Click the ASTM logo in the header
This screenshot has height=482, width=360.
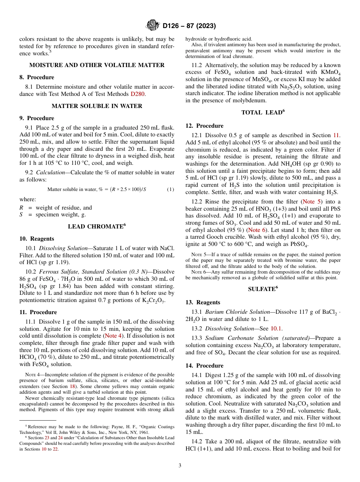point(153,26)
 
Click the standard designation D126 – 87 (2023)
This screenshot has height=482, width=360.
point(189,26)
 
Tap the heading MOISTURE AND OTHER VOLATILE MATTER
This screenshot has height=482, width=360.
point(97,65)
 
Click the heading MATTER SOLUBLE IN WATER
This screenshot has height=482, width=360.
point(97,106)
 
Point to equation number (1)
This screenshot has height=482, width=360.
point(171,189)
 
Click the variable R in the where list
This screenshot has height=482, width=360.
point(21,208)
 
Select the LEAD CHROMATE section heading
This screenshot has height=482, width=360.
point(97,227)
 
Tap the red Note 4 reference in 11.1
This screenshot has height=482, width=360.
point(113,336)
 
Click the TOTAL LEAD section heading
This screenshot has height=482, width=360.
point(263,113)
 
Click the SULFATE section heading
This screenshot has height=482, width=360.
point(263,289)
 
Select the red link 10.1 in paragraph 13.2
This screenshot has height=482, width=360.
point(276,329)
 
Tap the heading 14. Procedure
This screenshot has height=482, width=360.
point(204,366)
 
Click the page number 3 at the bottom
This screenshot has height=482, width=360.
point(180,466)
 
